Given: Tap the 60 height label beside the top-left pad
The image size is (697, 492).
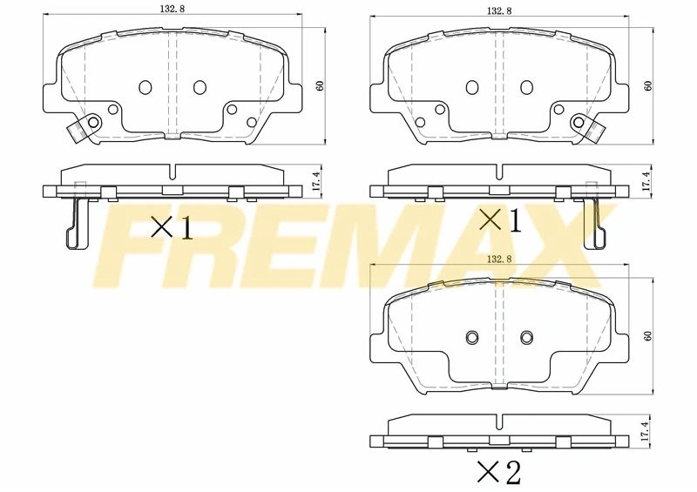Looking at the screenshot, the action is point(320,85).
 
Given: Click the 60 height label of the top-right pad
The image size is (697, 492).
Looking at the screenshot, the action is point(647,85).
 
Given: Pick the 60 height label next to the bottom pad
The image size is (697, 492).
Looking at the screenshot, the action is point(647,336).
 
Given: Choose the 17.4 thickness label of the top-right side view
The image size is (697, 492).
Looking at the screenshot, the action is point(647,182).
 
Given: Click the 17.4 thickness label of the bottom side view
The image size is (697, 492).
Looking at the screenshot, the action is point(647,431).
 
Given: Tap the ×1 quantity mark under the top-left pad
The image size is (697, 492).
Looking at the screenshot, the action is point(172,227).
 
